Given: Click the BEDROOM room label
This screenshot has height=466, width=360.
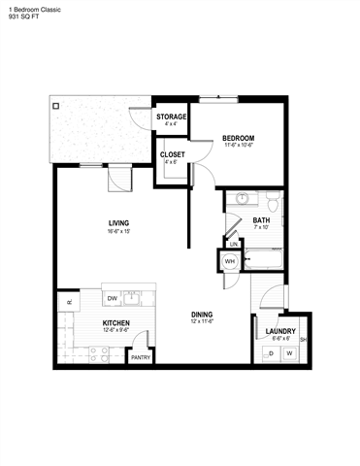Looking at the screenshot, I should pos(238,138).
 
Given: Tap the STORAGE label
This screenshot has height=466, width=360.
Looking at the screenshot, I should pos(172,116).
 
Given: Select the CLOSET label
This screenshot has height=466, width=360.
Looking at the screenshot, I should pos(172,153).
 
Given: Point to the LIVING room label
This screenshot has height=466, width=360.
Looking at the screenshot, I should pos(119,224).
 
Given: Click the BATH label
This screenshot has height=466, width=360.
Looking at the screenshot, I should pos(262,219).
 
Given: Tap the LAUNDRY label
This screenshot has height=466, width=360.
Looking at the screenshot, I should pos(280,332).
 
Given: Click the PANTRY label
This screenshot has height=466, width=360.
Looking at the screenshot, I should pos(141,356).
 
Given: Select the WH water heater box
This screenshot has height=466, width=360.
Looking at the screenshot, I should pos(230,261).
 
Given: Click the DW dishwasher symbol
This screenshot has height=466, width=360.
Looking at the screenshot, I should pos(113,298).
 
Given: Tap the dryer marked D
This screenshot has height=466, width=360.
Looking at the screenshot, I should pos(270,353).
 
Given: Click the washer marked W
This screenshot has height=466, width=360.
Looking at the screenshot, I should pos(289,353).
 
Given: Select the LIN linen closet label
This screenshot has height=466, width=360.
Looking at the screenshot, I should pos(234,244).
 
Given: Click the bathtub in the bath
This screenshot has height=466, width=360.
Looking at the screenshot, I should pos(263,260).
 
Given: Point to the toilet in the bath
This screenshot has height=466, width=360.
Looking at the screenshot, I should pos(274,204).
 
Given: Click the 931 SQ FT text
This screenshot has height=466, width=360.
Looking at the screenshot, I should pos(20,17).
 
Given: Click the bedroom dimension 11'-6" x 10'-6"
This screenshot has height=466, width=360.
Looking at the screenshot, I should pos(238,146).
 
